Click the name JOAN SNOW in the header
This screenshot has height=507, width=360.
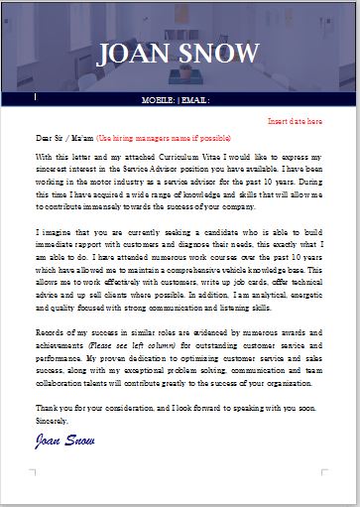tap(180, 54)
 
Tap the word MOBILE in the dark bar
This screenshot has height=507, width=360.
tap(159, 100)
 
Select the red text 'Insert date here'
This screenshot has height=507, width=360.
tap(296, 121)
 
